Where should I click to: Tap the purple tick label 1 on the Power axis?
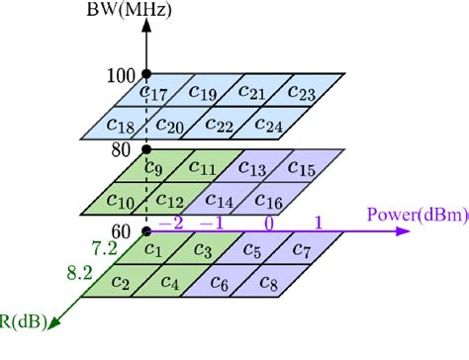pyautogui.click(x=318, y=224)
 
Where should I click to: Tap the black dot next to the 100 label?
pyautogui.click(x=146, y=74)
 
